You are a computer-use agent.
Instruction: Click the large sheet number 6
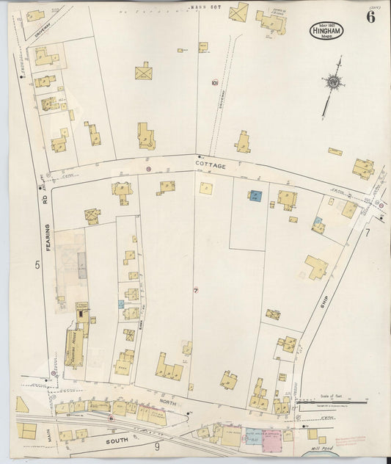[370, 18]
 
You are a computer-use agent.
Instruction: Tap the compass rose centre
[335, 83]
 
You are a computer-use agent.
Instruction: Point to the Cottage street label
[211, 167]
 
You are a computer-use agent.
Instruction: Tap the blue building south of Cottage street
[255, 196]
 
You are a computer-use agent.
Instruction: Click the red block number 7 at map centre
[196, 291]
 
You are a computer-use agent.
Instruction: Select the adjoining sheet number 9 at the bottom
[157, 446]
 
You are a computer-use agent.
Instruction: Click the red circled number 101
[214, 82]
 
